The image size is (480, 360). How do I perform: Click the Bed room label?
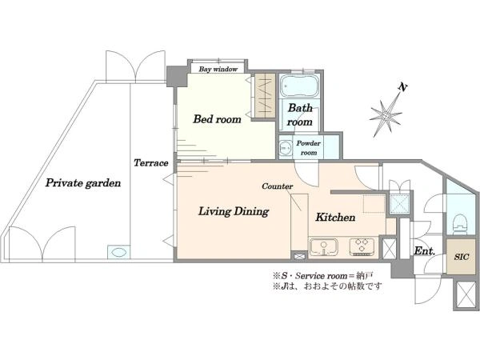217,118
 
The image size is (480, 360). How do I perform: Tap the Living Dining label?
234,211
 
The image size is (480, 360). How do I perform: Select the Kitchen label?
335,217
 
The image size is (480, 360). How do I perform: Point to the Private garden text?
83,182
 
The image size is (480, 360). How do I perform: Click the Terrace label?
151,162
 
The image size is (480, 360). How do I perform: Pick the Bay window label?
218,69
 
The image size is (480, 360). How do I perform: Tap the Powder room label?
309,147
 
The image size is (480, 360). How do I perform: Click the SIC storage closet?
462,257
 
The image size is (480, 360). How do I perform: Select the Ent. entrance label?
424,251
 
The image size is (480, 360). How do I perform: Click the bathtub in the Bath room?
300,86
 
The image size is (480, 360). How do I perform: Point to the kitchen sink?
323,247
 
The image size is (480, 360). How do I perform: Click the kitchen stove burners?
362,246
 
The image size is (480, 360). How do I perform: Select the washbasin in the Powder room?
286,148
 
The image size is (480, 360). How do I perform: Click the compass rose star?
386,115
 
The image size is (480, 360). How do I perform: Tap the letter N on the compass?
403,87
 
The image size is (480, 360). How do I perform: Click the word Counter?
278,186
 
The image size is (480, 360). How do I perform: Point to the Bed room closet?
265,96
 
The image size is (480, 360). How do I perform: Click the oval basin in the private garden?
118,253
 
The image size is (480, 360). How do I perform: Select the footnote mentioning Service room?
323,276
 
